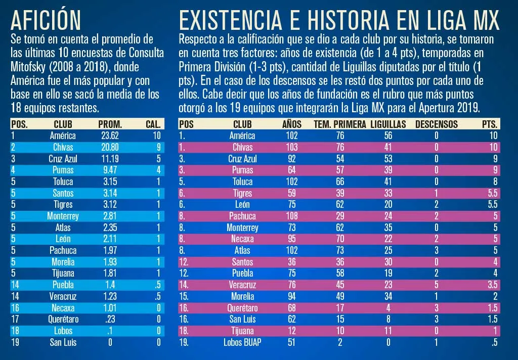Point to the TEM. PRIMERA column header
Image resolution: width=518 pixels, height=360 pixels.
coord(339,124)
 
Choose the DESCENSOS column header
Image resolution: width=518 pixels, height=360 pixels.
coord(436,124)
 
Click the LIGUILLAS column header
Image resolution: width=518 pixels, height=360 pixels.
coord(388,124)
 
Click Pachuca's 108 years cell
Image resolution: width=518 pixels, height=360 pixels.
coord(292,216)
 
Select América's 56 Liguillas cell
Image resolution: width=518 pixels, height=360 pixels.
coord(388,136)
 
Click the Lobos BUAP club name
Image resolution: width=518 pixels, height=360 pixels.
coord(242,343)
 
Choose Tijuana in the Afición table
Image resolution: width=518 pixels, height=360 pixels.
coord(63,274)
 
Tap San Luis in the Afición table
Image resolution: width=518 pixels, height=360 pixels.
coord(63,342)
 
